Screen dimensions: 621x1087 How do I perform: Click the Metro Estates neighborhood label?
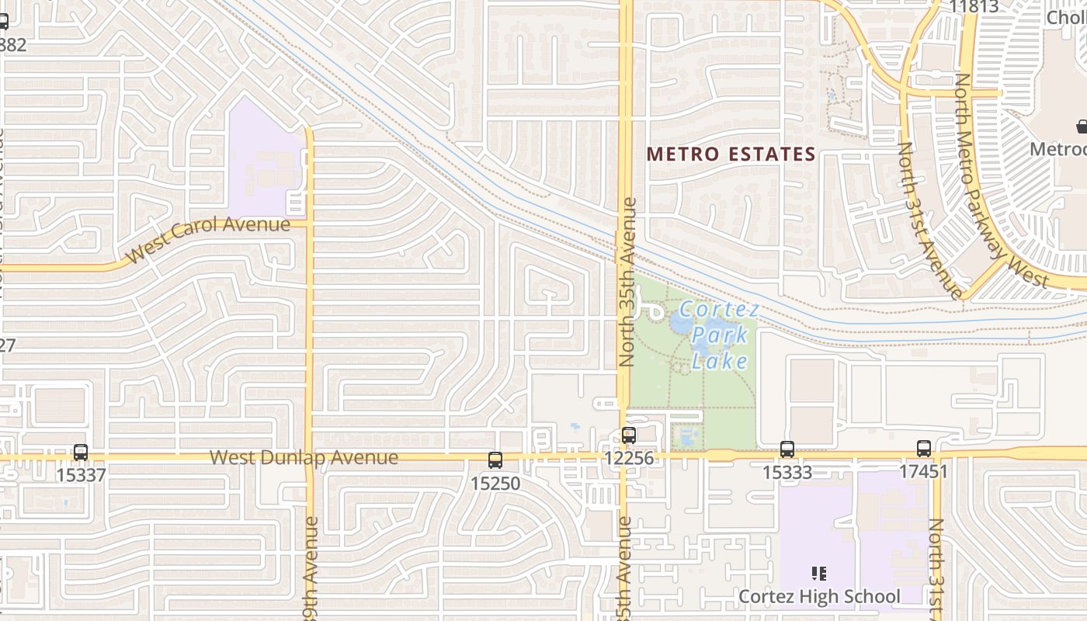pos(731,154)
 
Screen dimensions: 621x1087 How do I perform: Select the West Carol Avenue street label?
pos(207,239)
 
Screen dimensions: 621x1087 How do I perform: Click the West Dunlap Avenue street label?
pos(304,457)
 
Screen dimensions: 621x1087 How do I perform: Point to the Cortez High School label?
pos(819,596)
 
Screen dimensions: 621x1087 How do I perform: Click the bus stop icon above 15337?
pos(81,452)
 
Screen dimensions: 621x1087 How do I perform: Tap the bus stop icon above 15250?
pos(495,460)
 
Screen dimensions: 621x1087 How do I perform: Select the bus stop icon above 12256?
pos(629,435)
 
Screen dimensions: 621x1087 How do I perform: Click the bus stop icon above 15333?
pos(787,449)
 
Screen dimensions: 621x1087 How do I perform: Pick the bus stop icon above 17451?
pos(924,448)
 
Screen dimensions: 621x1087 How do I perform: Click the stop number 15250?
pos(495,483)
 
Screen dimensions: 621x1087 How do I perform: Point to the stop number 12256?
pos(630,459)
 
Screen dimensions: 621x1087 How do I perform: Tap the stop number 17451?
pos(924,471)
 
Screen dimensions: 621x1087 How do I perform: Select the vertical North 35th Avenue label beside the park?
pos(629,283)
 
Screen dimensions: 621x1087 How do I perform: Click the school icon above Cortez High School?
pos(818,574)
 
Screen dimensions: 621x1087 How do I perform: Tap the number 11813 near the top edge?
pos(974,7)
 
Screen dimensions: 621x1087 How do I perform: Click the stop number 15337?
pos(81,474)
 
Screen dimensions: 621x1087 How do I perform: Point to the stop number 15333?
pos(787,472)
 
